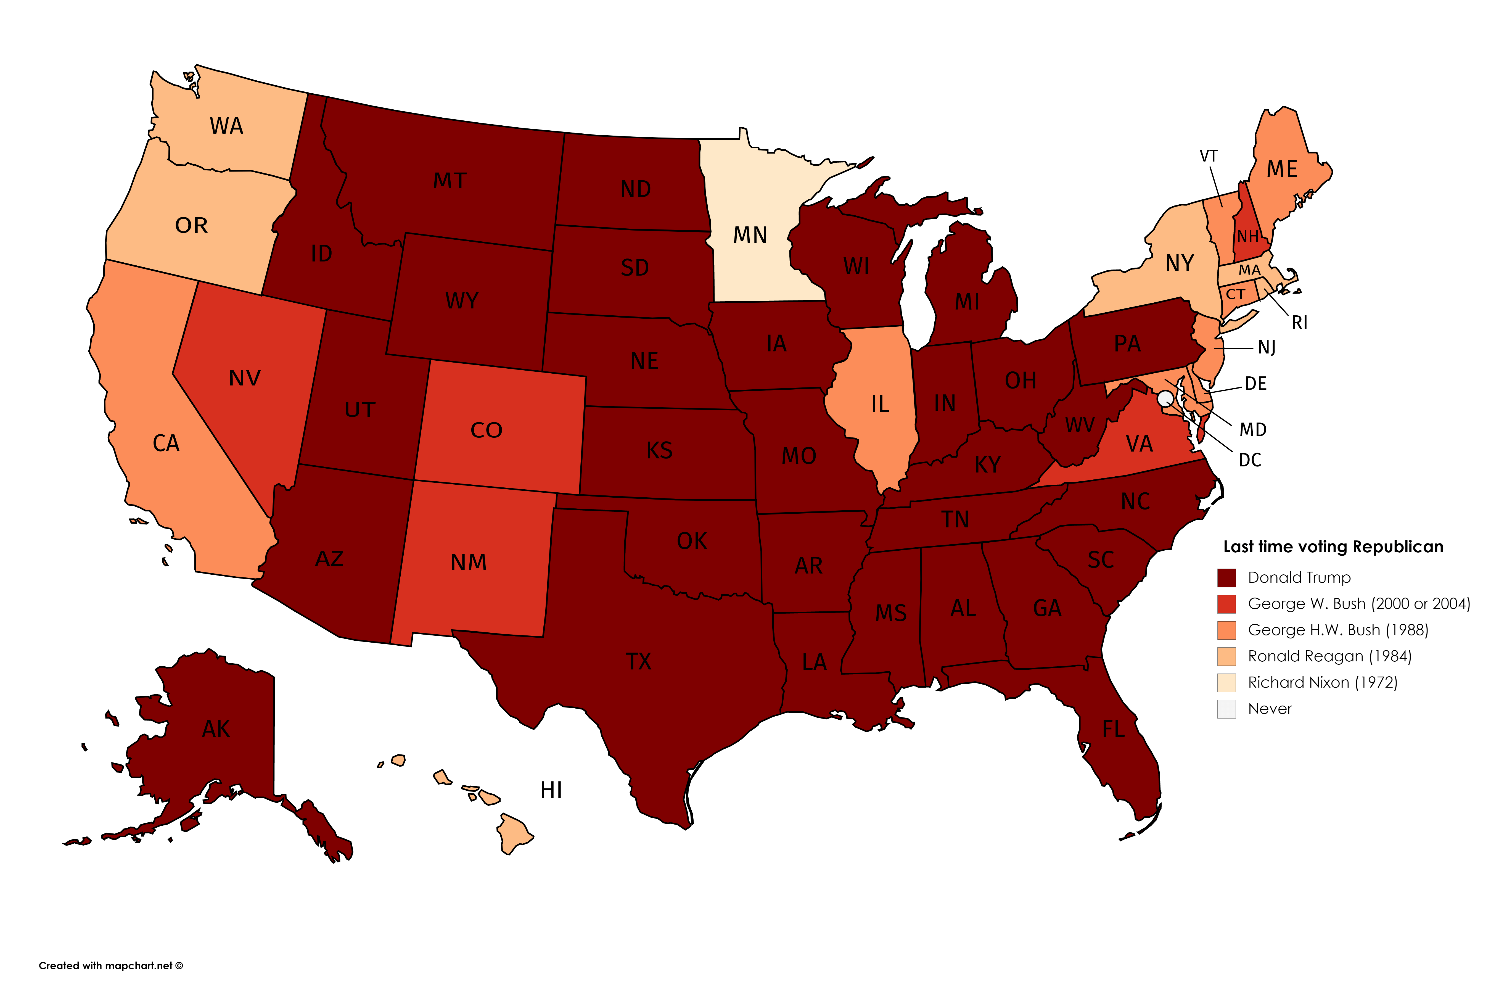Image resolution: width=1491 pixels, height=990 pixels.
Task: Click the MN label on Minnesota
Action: point(750,236)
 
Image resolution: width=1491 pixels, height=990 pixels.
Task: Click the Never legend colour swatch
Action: point(1226,709)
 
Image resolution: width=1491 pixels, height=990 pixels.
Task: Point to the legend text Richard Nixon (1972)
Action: point(1323,683)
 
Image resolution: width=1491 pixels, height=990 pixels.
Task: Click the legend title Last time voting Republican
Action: point(1333,547)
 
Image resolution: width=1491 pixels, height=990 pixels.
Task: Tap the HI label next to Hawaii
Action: point(551,790)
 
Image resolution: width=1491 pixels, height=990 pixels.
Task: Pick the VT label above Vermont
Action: point(1208,156)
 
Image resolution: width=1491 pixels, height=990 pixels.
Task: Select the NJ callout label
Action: point(1266,347)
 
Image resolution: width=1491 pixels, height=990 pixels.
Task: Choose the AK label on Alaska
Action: point(216,729)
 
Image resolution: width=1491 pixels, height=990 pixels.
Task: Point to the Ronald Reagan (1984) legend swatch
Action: point(1226,657)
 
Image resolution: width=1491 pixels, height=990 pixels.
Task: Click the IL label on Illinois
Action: point(880,404)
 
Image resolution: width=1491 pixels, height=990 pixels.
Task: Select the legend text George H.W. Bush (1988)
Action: point(1337,630)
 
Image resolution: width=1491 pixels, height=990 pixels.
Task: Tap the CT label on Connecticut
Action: point(1235,294)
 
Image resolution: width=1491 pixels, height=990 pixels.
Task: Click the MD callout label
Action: point(1252,430)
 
